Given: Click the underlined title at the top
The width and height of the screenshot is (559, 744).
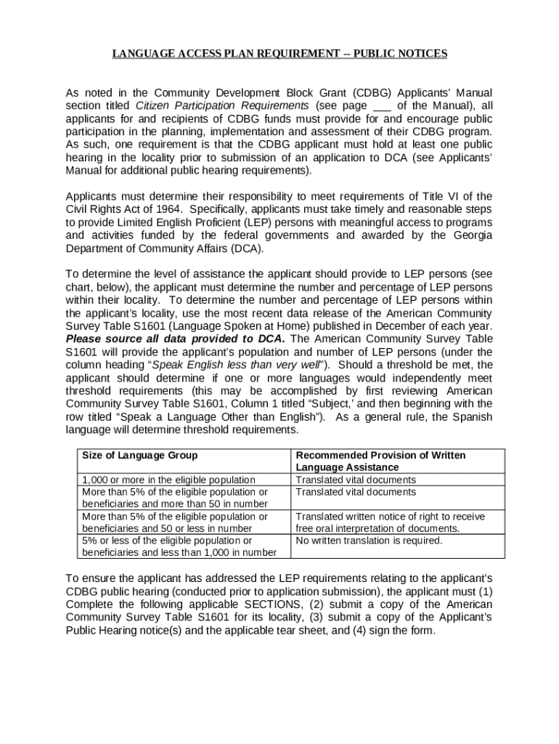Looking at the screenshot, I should coord(279,54).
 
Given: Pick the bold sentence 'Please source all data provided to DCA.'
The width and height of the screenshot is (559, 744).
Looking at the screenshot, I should coord(176,339).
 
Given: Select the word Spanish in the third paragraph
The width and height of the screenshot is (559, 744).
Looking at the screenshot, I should coord(472,417).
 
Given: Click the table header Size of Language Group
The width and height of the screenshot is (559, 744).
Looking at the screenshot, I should coord(139,456).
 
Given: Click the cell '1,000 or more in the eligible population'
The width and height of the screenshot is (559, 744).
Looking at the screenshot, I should coord(168,480).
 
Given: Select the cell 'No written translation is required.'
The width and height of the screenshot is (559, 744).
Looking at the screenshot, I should coord(369,541).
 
